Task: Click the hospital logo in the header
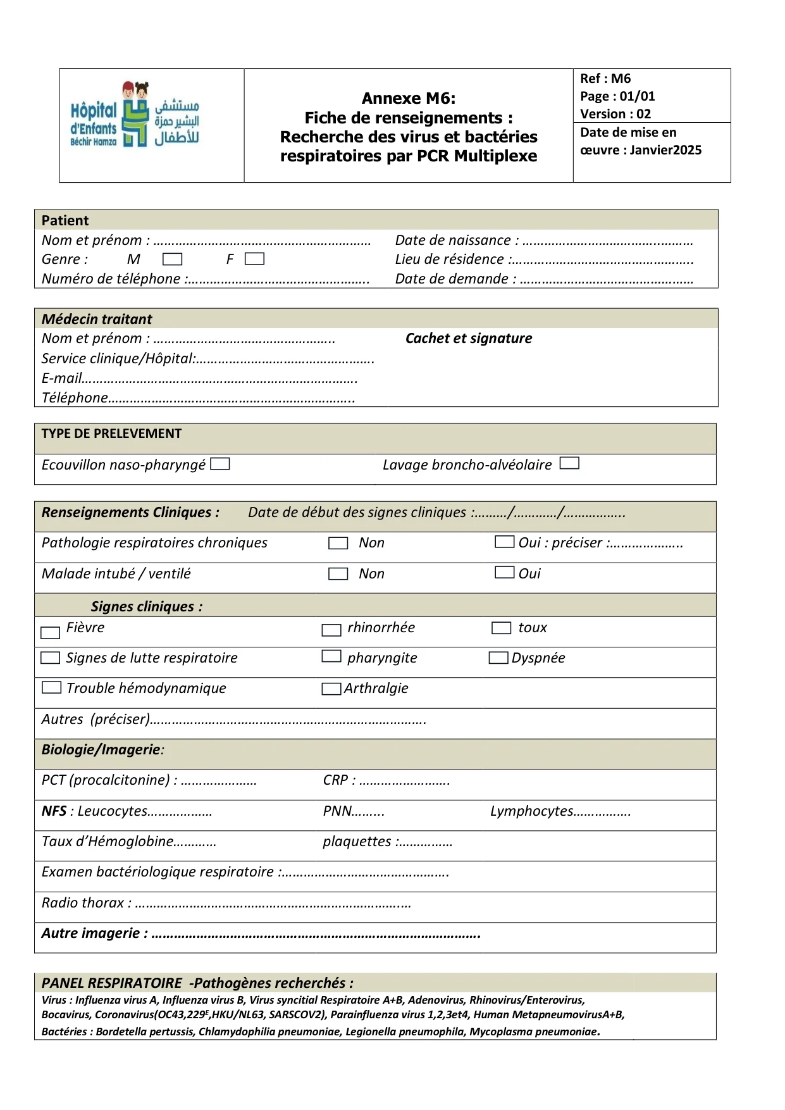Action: coord(135,115)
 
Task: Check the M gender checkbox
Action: coord(172,259)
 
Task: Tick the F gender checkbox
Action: coord(254,259)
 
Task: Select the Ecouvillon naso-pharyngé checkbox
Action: coord(220,464)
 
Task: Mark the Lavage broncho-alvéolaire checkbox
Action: coord(569,463)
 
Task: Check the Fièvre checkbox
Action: coord(50,632)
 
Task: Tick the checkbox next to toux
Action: coord(501,628)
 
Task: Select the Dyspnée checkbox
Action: coord(498,658)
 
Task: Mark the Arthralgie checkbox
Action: coord(331,689)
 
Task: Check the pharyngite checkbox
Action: coord(331,656)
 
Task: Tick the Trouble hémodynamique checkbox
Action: coord(51,687)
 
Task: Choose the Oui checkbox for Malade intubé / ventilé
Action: coord(504,573)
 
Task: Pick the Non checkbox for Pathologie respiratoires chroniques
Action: coord(338,543)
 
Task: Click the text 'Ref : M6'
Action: coord(605,78)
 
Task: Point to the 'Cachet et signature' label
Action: coord(469,339)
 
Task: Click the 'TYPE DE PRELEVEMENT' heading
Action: coord(111,433)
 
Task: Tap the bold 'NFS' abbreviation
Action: coord(54,811)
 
